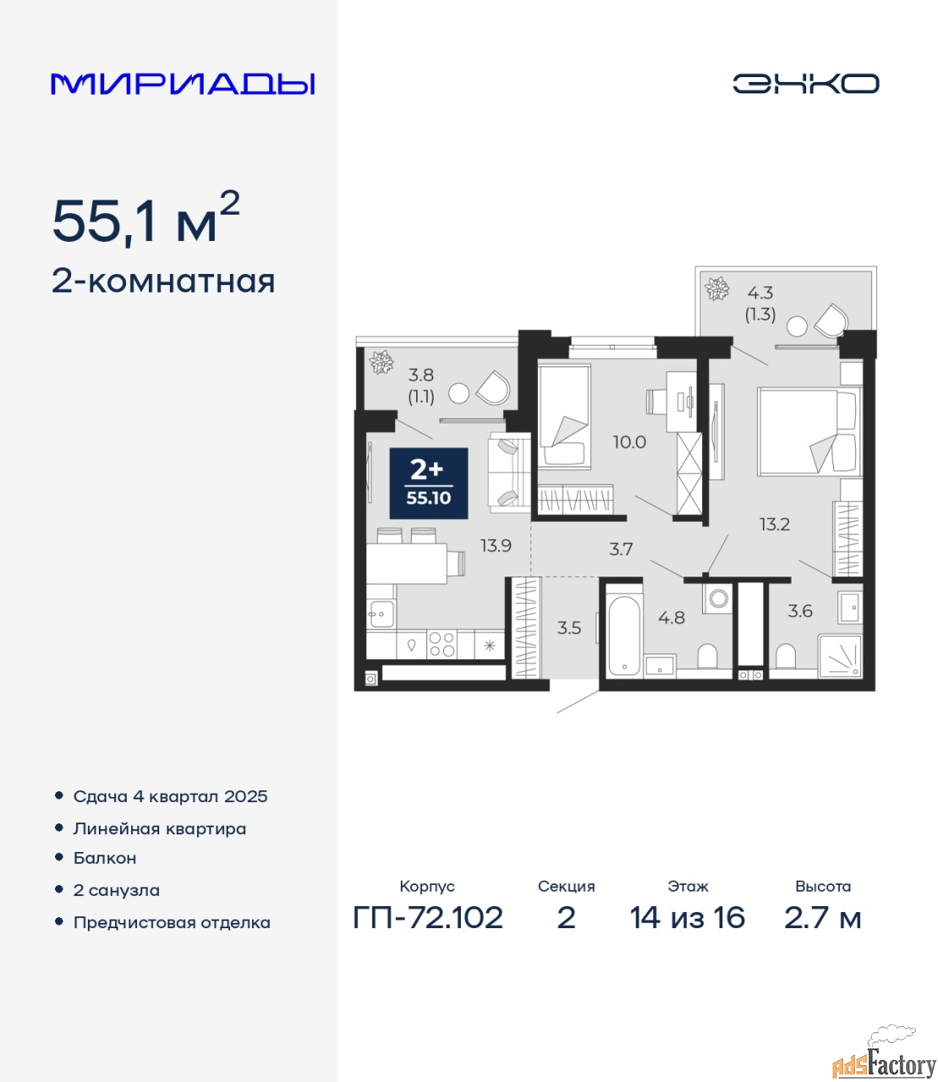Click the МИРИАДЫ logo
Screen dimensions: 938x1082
pyautogui.click(x=183, y=84)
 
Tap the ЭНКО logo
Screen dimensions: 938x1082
pyautogui.click(x=805, y=84)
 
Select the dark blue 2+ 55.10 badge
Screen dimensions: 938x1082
pyautogui.click(x=429, y=484)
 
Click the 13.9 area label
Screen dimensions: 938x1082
pyautogui.click(x=496, y=546)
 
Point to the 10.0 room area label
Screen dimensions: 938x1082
pyautogui.click(x=629, y=442)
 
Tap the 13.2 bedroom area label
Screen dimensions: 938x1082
pyautogui.click(x=775, y=524)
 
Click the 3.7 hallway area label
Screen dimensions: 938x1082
pyautogui.click(x=621, y=549)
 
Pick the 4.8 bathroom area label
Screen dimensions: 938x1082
pyautogui.click(x=672, y=618)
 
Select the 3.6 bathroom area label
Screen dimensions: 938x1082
pyautogui.click(x=800, y=611)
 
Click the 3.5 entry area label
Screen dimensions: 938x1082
pyautogui.click(x=568, y=627)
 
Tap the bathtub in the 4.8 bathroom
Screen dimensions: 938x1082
pyautogui.click(x=623, y=631)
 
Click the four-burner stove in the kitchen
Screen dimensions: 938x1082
pyautogui.click(x=442, y=644)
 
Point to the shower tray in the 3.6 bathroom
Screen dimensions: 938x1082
pyautogui.click(x=840, y=657)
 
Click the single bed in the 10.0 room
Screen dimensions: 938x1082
pyautogui.click(x=564, y=415)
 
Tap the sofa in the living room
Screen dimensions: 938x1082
pyautogui.click(x=509, y=473)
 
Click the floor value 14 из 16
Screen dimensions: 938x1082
pyautogui.click(x=687, y=918)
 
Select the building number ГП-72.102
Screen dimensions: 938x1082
pyautogui.click(x=428, y=918)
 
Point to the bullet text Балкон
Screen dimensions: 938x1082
pyautogui.click(x=105, y=858)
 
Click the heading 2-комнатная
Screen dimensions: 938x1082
pyautogui.click(x=163, y=282)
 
